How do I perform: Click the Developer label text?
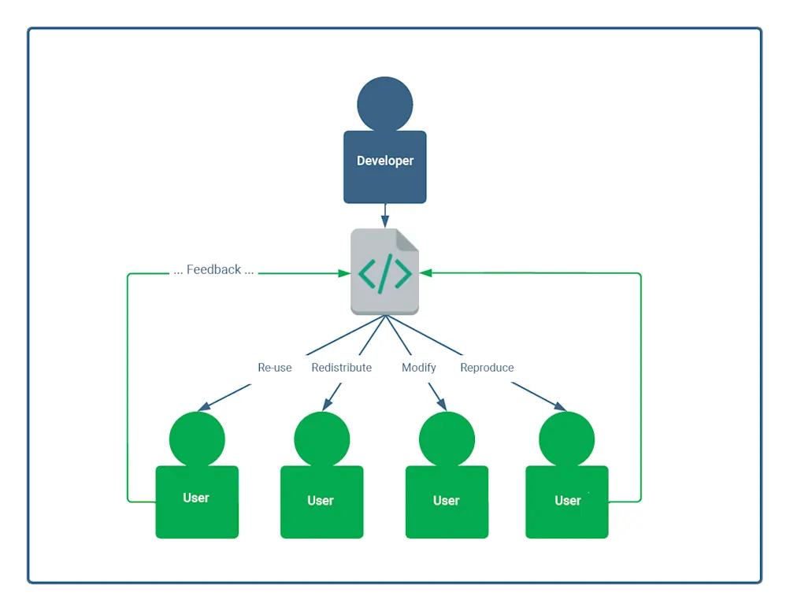point(384,161)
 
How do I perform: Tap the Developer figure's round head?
point(384,104)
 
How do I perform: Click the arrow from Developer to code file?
point(384,215)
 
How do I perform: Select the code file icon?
point(384,272)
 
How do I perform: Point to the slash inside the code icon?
point(384,273)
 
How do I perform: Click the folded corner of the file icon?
point(408,239)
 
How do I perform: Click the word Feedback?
point(213,269)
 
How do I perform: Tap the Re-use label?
point(274,368)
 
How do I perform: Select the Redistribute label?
point(341,368)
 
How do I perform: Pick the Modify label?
point(418,368)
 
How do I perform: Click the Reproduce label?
point(487,368)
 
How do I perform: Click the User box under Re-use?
point(196,502)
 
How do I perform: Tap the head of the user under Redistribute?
point(321,439)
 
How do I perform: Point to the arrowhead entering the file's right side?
point(425,273)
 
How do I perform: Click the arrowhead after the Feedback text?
point(345,273)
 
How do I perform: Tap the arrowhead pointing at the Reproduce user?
point(560,407)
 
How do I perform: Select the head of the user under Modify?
point(447,439)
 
